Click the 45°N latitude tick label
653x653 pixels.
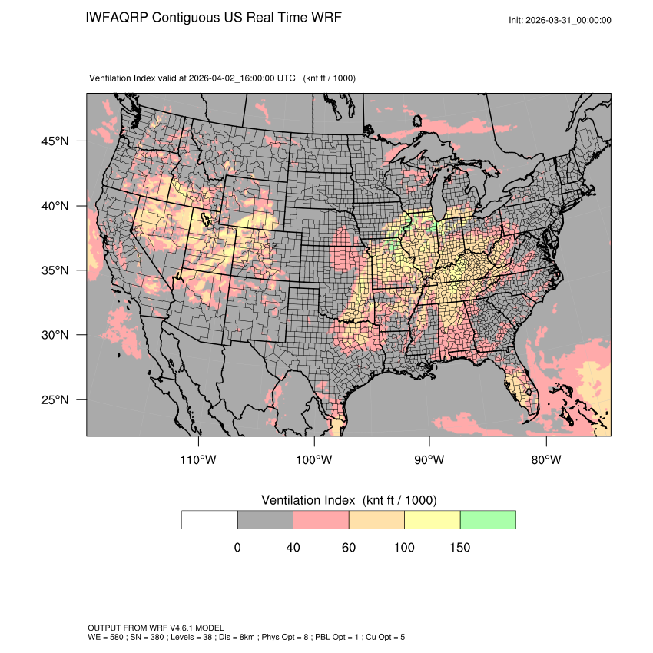[x=55, y=141]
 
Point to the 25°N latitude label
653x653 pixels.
[x=55, y=399]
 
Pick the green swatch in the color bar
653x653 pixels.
[x=488, y=519]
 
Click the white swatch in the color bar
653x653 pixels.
[x=210, y=519]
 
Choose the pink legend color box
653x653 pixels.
[x=321, y=519]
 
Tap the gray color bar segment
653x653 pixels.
[x=265, y=519]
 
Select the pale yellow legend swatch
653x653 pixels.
[x=433, y=519]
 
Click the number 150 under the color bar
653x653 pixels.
[x=460, y=548]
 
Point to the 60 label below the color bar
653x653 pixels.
[x=349, y=548]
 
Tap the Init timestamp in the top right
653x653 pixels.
[x=560, y=20]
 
